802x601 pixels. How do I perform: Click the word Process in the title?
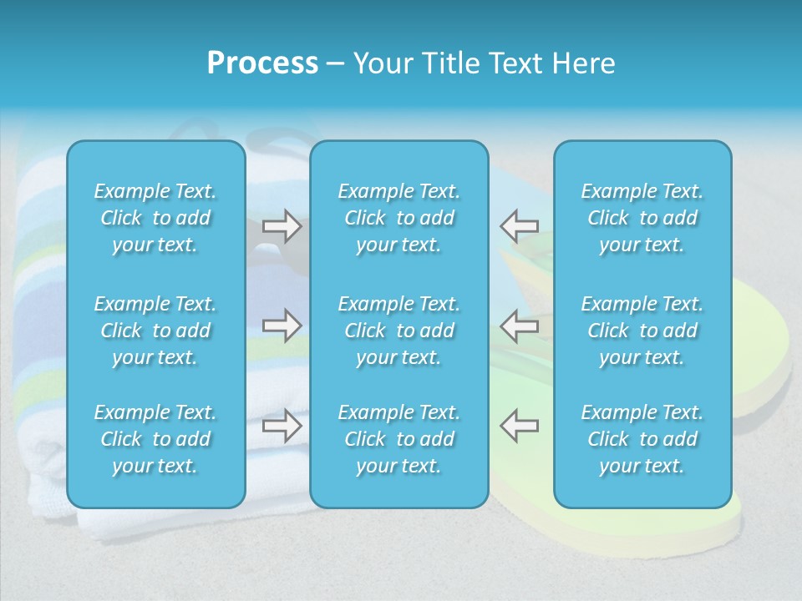pyautogui.click(x=262, y=63)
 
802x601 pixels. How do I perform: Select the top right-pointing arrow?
pyautogui.click(x=282, y=226)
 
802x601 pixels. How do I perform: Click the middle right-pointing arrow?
pyautogui.click(x=282, y=326)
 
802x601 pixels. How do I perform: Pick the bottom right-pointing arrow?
pyautogui.click(x=282, y=426)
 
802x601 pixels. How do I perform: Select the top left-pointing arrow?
pyautogui.click(x=519, y=226)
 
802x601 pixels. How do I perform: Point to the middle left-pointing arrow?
pyautogui.click(x=519, y=326)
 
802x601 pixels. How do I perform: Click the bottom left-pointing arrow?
pyautogui.click(x=519, y=426)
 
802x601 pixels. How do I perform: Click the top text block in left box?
pyautogui.click(x=155, y=218)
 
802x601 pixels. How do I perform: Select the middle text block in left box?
pyautogui.click(x=155, y=331)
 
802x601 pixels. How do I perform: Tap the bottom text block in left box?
pyautogui.click(x=155, y=439)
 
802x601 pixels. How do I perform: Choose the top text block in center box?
pyautogui.click(x=398, y=218)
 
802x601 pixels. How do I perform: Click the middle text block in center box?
pyautogui.click(x=398, y=331)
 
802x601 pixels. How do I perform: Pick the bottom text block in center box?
pyautogui.click(x=398, y=439)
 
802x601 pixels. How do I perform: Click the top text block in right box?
pyautogui.click(x=642, y=218)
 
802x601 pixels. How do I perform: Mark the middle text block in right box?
pyautogui.click(x=642, y=331)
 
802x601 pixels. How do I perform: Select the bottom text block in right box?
pyautogui.click(x=642, y=439)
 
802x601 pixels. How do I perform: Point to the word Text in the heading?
pyautogui.click(x=516, y=63)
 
